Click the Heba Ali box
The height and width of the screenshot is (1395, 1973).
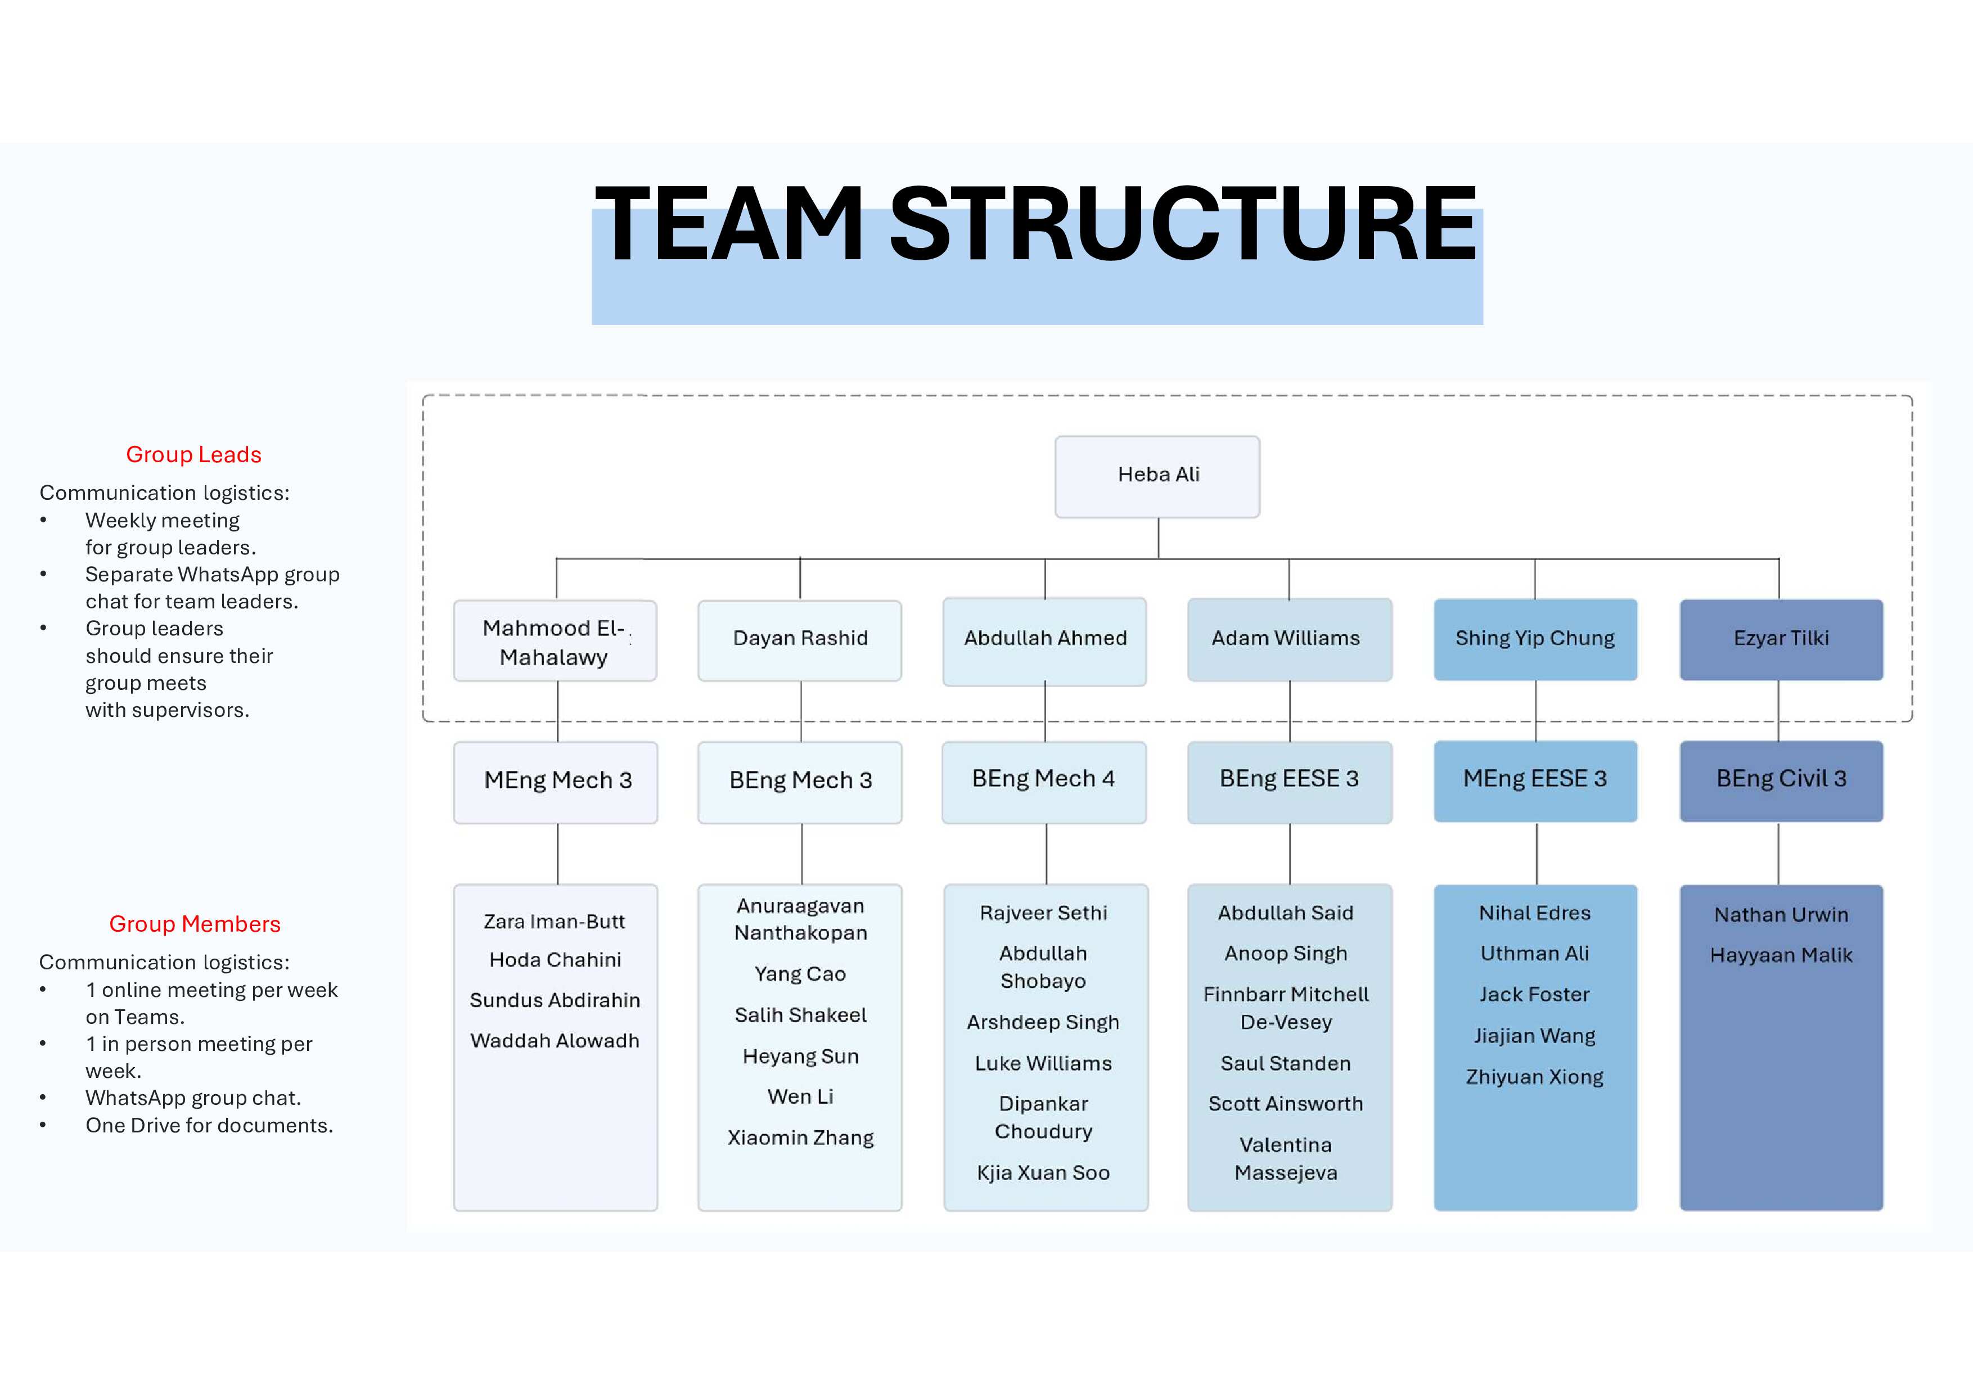point(1157,476)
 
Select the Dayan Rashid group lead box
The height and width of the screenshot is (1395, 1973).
point(800,639)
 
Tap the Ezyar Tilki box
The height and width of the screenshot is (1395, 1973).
point(1781,639)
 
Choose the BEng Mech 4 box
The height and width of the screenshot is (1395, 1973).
point(1043,780)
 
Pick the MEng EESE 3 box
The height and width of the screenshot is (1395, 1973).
point(1535,780)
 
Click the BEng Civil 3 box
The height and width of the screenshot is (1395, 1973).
point(1781,780)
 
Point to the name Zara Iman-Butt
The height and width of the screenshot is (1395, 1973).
point(554,922)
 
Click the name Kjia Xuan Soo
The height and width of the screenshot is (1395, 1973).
point(1043,1173)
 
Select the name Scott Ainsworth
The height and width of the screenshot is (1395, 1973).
point(1286,1105)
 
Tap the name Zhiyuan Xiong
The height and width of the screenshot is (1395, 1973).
point(1535,1077)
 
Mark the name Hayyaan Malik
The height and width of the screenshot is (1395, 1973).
point(1781,955)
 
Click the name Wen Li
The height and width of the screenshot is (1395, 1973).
point(800,1097)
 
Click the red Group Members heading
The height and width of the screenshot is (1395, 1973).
point(195,924)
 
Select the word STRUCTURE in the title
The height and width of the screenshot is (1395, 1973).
point(1182,225)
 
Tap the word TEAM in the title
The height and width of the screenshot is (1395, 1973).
point(729,225)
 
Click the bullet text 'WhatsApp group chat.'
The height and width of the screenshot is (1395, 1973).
point(193,1099)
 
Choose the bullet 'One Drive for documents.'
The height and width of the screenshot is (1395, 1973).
point(209,1126)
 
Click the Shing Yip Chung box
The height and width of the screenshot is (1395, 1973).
point(1535,639)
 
